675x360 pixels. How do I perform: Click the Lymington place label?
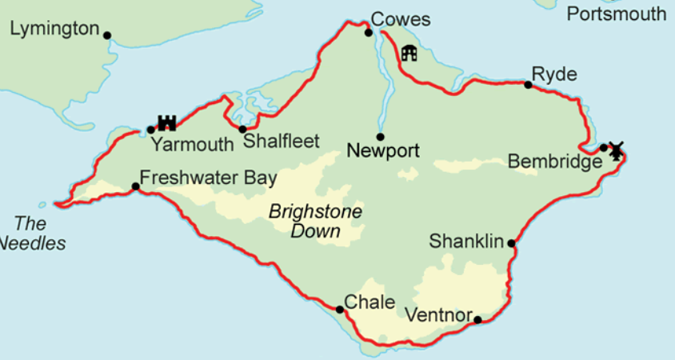pyautogui.click(x=54, y=30)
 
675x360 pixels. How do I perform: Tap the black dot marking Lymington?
pyautogui.click(x=107, y=35)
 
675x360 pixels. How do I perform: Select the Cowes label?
pyautogui.click(x=401, y=19)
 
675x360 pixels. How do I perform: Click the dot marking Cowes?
pyautogui.click(x=369, y=33)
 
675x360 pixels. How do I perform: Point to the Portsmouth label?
pyautogui.click(x=616, y=14)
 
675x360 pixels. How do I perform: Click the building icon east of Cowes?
pyautogui.click(x=409, y=54)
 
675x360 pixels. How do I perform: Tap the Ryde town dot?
pyautogui.click(x=528, y=85)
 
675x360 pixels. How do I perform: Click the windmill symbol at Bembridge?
pyautogui.click(x=615, y=150)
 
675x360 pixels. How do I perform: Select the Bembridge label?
pyautogui.click(x=554, y=162)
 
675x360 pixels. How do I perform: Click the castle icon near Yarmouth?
pyautogui.click(x=166, y=122)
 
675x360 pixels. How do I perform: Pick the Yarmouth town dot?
pyautogui.click(x=150, y=130)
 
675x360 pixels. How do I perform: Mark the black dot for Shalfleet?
pyautogui.click(x=242, y=130)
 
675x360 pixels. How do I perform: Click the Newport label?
pyautogui.click(x=383, y=150)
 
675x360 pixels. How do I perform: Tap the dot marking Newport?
pyautogui.click(x=381, y=137)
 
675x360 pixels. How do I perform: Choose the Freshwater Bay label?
pyautogui.click(x=208, y=178)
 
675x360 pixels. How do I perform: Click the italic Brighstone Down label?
pyautogui.click(x=315, y=222)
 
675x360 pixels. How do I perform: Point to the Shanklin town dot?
pyautogui.click(x=511, y=242)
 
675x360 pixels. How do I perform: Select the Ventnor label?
pyautogui.click(x=439, y=314)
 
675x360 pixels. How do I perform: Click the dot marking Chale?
pyautogui.click(x=339, y=310)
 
